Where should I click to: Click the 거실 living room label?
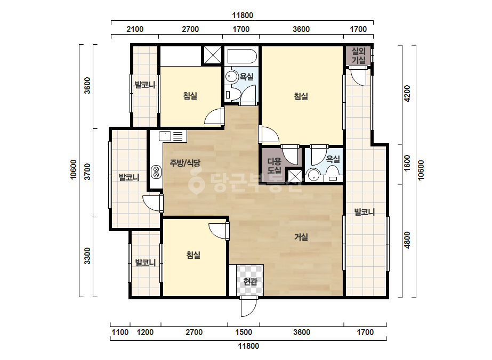coord(301,237)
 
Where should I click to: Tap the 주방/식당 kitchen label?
coord(185,163)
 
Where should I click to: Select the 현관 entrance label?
coord(250,282)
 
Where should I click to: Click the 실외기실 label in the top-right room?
coord(358,55)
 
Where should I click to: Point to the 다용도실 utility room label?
coord(274,166)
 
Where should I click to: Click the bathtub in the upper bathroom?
coord(242,56)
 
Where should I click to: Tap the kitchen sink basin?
coord(165,136)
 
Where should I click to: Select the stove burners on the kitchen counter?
coord(156,172)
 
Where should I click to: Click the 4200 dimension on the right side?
coord(407,93)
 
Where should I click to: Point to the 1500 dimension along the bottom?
coord(244,332)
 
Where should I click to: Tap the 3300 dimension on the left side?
coord(87,256)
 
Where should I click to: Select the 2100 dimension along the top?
coord(135,29)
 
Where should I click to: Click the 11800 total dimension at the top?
coord(243,15)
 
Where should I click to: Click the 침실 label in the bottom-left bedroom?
coord(193,255)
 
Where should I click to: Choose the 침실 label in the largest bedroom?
coord(301,96)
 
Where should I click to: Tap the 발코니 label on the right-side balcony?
coord(365,212)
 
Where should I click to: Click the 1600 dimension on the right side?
coord(407,163)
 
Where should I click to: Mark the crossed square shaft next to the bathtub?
coord(213,55)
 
